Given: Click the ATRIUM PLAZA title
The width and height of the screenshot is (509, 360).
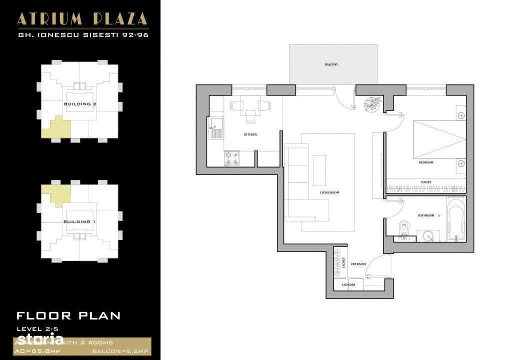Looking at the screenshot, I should pyautogui.click(x=82, y=19).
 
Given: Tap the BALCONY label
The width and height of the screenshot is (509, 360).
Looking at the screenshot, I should pyautogui.click(x=331, y=64).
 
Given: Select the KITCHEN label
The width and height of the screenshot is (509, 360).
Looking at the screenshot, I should pyautogui.click(x=250, y=135).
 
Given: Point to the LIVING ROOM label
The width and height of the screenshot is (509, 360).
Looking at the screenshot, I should pyautogui.click(x=329, y=192).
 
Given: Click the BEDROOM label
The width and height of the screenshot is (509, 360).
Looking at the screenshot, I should pyautogui.click(x=426, y=162).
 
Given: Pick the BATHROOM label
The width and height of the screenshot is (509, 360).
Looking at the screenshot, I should pyautogui.click(x=426, y=215).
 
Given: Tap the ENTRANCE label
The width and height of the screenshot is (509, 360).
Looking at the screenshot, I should pyautogui.click(x=358, y=264).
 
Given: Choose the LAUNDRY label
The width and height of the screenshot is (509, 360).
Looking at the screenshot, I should pyautogui.click(x=348, y=285).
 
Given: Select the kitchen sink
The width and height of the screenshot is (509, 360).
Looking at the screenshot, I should pyautogui.click(x=216, y=128).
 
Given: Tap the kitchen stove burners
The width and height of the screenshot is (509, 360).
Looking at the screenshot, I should pyautogui.click(x=231, y=158).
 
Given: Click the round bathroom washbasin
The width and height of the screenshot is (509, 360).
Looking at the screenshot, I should pyautogui.click(x=427, y=235).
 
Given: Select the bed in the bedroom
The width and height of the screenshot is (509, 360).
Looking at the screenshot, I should pyautogui.click(x=438, y=139).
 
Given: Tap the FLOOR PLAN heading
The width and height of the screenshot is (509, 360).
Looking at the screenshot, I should pyautogui.click(x=68, y=315).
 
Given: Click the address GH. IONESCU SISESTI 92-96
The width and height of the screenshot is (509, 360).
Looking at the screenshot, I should pyautogui.click(x=82, y=35).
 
